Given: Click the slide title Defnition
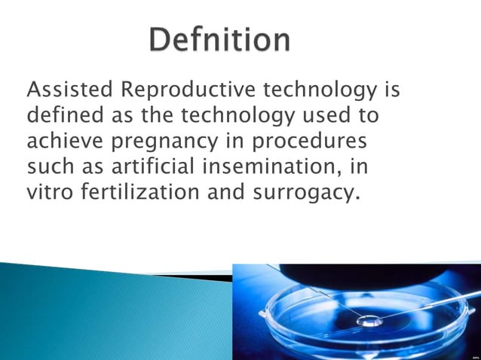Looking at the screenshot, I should pyautogui.click(x=219, y=39).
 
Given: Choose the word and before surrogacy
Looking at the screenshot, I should pyautogui.click(x=221, y=192).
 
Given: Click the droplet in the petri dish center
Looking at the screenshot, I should pyautogui.click(x=369, y=319).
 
